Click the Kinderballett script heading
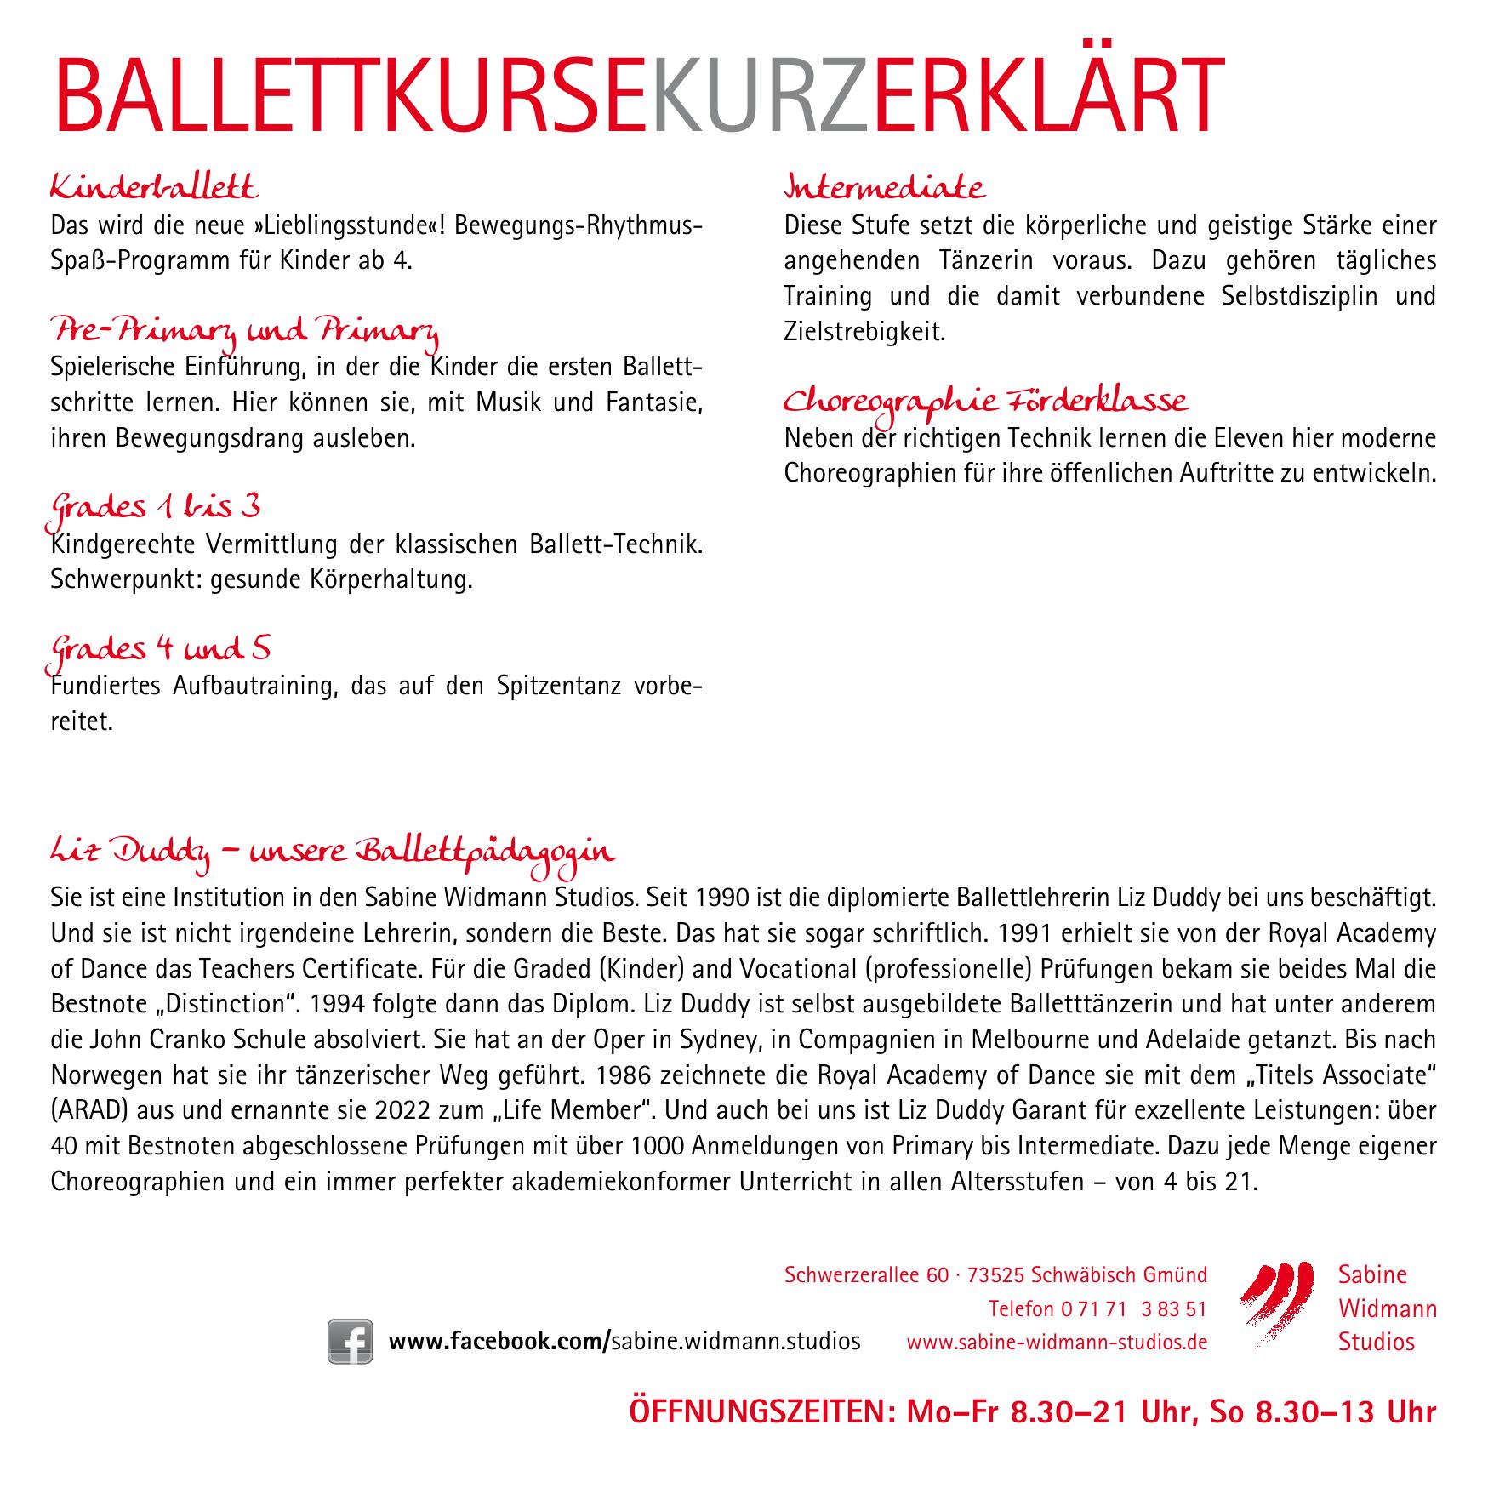coord(154,185)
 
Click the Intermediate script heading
coord(885,186)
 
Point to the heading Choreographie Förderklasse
coord(985,402)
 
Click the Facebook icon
coord(350,1365)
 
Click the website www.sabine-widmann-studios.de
coord(1057,1366)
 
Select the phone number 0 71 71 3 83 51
coord(1133,1331)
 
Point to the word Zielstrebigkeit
coord(864,332)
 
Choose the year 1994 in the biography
coord(339,1004)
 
